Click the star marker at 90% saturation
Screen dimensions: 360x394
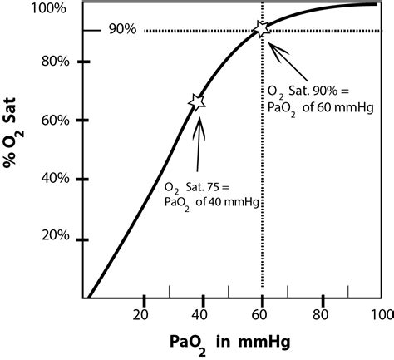(x=262, y=29)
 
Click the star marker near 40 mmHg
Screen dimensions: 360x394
(x=197, y=101)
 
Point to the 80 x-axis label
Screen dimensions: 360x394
(x=321, y=315)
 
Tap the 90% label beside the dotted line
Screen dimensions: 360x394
(x=122, y=32)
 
